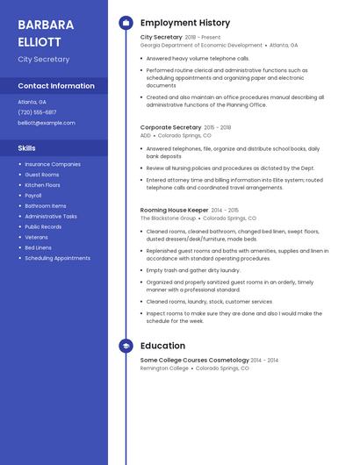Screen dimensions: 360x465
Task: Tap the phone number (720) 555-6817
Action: pos(37,112)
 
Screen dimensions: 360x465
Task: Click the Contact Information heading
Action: pos(56,86)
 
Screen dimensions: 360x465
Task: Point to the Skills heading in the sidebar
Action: pos(27,148)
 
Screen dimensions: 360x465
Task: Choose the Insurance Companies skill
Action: pos(53,164)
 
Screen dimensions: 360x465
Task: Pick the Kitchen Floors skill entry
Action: pos(42,185)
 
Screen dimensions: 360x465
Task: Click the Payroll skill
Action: pos(33,196)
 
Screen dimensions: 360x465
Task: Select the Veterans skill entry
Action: pos(36,237)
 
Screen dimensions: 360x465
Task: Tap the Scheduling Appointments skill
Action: pos(57,258)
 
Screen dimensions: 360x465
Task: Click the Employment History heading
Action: pos(185,23)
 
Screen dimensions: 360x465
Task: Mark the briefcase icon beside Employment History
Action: pos(126,23)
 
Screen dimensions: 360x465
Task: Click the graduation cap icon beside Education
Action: pos(126,346)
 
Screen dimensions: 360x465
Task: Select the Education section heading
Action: pos(162,346)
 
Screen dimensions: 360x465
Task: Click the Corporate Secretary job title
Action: pos(170,127)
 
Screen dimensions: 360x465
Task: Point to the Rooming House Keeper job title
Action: pos(174,211)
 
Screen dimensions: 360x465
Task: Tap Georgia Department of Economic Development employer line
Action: pos(201,45)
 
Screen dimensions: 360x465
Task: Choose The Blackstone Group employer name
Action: pos(168,218)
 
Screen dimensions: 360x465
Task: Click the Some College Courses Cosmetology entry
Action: pos(194,361)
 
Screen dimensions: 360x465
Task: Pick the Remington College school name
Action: pos(164,368)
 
